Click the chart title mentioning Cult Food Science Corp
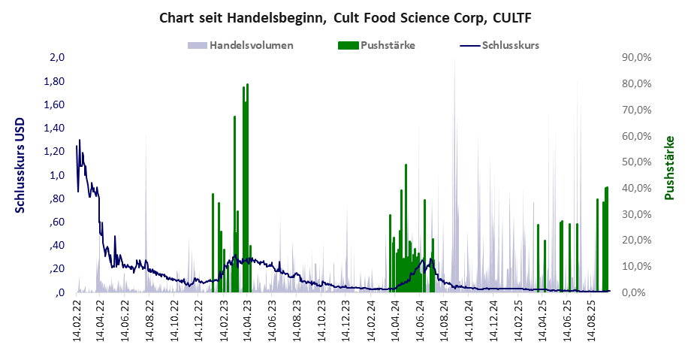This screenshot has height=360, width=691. (345, 17)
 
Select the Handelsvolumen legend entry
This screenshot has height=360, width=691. (251, 45)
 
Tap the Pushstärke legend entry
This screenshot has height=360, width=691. (388, 45)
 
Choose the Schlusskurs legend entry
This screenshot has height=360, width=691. (510, 45)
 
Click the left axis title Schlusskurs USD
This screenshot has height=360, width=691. (20, 165)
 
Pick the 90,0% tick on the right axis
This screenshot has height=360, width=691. (636, 58)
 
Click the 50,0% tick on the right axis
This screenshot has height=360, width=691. (636, 162)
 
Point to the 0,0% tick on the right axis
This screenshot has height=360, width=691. (638, 292)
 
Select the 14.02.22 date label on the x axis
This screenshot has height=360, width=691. (78, 322)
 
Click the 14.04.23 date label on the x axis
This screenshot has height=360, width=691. (249, 322)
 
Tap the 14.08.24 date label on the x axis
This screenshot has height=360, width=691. (445, 322)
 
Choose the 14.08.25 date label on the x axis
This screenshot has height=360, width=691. (592, 322)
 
